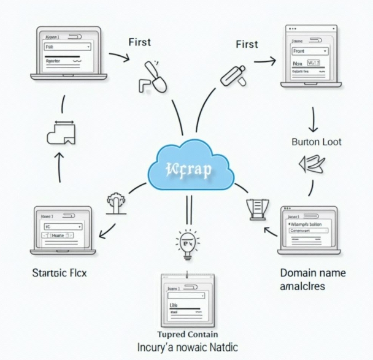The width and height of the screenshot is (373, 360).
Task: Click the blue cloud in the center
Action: tap(191, 166)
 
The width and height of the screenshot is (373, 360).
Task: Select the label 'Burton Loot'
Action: tap(315, 142)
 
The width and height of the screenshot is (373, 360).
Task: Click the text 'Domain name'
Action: tap(312, 273)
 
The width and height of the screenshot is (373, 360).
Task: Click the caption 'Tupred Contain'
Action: tap(187, 334)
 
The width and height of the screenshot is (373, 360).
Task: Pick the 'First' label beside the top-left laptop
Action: tap(139, 42)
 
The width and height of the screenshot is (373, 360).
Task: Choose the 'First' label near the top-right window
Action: tap(247, 44)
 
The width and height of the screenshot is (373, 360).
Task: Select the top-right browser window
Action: tap(311, 56)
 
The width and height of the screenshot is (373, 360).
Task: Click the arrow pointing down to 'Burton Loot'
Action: tap(313, 119)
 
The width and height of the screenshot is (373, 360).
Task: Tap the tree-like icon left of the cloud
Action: tap(115, 203)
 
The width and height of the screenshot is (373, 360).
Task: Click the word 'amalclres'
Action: tap(302, 286)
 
